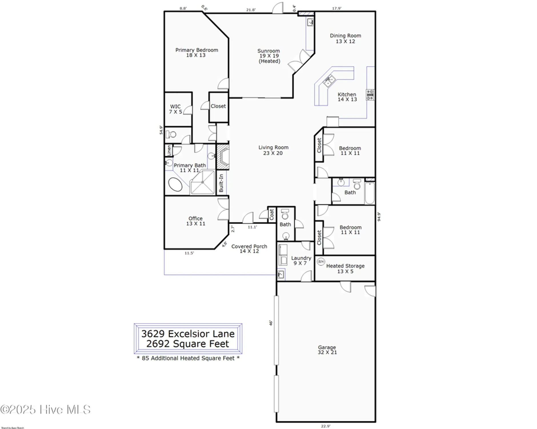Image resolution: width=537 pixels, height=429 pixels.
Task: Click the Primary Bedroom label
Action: pyautogui.click(x=197, y=52)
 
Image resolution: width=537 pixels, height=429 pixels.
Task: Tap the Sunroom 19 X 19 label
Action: pyautogui.click(x=269, y=56)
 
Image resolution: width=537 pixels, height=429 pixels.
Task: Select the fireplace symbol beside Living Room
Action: pyautogui.click(x=223, y=157)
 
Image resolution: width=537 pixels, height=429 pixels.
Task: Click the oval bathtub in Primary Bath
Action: pyautogui.click(x=175, y=184)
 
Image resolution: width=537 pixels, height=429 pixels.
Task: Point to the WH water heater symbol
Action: pyautogui.click(x=321, y=261)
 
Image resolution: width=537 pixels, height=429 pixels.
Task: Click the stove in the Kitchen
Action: pyautogui.click(x=370, y=95)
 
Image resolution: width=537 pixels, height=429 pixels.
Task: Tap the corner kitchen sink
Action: pyautogui.click(x=329, y=81)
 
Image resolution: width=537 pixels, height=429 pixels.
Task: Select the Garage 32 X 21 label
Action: pyautogui.click(x=327, y=349)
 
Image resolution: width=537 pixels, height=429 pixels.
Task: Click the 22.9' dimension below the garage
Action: pyautogui.click(x=325, y=426)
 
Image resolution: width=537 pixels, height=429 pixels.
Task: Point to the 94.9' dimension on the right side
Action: pyautogui.click(x=379, y=217)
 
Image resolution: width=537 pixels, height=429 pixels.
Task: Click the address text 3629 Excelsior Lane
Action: pyautogui.click(x=188, y=333)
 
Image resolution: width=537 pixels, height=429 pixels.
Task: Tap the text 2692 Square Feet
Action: pyautogui.click(x=188, y=343)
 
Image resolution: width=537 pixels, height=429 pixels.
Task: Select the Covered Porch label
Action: pyautogui.click(x=249, y=249)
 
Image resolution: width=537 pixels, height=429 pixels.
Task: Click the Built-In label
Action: pyautogui.click(x=221, y=183)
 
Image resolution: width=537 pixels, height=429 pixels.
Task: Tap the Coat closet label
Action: pyautogui.click(x=271, y=214)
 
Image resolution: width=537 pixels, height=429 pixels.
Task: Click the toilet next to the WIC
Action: pyautogui.click(x=171, y=134)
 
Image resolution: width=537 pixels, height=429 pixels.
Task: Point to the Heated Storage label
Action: pyautogui.click(x=345, y=268)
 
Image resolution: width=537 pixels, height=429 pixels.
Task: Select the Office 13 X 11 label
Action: pyautogui.click(x=195, y=221)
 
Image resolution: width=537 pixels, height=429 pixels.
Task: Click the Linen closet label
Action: pyautogui.click(x=169, y=150)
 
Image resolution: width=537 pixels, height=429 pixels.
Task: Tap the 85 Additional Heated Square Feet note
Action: pyautogui.click(x=188, y=358)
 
